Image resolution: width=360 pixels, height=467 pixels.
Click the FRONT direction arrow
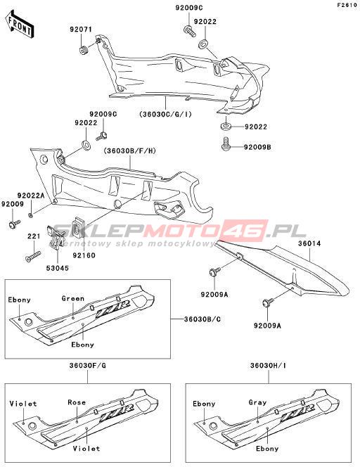[19, 25]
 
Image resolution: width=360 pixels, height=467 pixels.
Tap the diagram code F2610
[347, 6]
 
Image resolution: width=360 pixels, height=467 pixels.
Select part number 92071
[81, 30]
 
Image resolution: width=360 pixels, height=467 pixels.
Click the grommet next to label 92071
[83, 50]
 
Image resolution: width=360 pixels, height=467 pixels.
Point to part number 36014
[309, 243]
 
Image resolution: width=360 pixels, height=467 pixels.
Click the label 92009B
[257, 147]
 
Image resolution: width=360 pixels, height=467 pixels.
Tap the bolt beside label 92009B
[226, 143]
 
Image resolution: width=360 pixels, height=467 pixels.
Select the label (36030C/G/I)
[165, 114]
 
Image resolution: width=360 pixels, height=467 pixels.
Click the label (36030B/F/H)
[130, 151]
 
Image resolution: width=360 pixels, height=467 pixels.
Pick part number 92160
[84, 255]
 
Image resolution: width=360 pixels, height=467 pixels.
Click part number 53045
[57, 268]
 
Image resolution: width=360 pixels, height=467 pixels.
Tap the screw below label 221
[33, 256]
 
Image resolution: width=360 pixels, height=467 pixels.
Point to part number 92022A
[31, 196]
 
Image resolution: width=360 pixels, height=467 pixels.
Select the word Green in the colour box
[73, 298]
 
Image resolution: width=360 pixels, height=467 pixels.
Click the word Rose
[77, 402]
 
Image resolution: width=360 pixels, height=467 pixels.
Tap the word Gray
[257, 403]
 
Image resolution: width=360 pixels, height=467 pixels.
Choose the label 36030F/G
[87, 366]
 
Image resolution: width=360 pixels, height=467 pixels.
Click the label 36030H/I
[268, 366]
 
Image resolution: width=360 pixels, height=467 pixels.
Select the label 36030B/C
[202, 319]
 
